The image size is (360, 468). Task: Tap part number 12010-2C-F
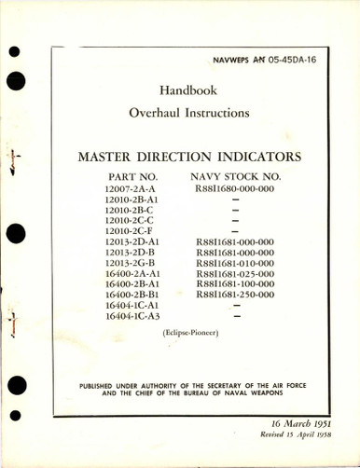[131, 230]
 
